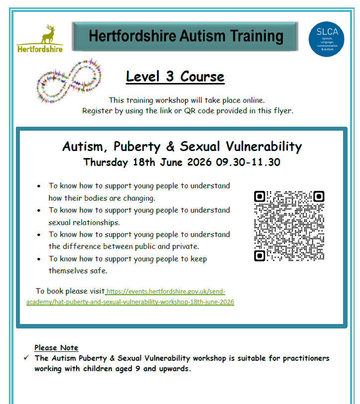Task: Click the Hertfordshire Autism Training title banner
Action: tap(185, 36)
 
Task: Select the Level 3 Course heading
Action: tap(175, 77)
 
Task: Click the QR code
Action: tap(289, 226)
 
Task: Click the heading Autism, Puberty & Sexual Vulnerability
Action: tap(181, 147)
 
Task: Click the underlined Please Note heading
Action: tap(56, 348)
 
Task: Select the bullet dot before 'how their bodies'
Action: tap(39, 186)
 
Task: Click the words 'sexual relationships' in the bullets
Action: tap(84, 222)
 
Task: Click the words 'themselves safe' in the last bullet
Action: tap(78, 271)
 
